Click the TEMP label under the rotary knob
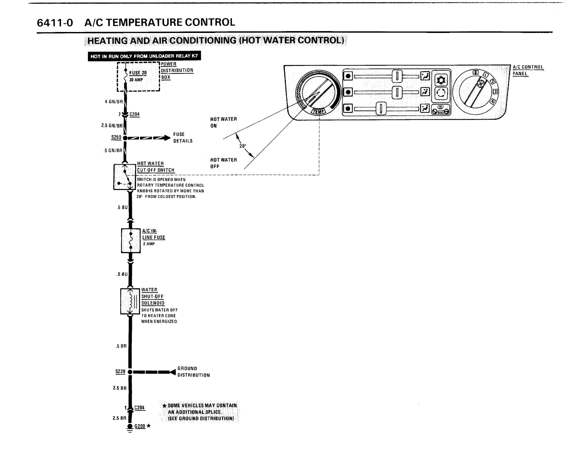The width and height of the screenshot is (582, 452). point(318,111)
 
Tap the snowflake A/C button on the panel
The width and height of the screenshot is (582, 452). point(441,79)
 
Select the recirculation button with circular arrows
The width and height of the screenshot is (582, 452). point(441,94)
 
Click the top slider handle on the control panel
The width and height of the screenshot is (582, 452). point(396,76)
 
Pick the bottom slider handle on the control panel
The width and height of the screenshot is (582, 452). point(381,108)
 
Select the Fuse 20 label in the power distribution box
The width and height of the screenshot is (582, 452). point(138,73)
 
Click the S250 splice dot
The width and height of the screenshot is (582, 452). point(125,138)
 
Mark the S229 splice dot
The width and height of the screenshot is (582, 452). point(130,372)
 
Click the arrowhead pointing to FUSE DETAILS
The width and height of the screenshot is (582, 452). point(167,138)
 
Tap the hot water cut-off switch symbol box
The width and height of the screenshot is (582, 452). point(124,177)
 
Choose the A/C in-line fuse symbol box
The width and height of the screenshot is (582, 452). point(131,240)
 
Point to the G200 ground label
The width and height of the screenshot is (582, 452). point(140,426)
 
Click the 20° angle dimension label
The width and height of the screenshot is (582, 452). point(242,146)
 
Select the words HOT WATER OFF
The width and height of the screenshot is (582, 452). point(223,163)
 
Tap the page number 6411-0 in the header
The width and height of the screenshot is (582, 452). point(55,23)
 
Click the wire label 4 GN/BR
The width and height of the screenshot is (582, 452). point(113,101)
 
